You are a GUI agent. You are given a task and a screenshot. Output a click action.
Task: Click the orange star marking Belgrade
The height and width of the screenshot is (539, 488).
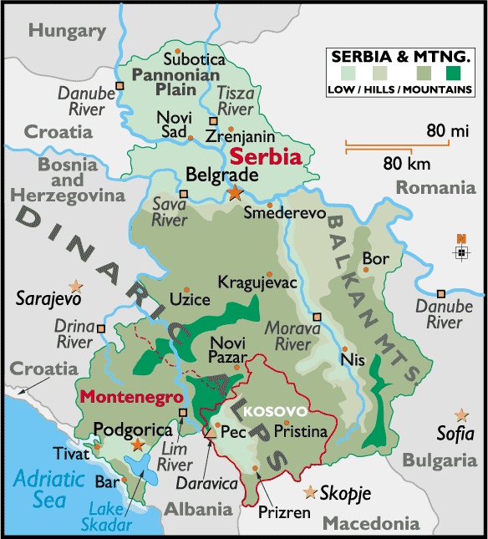click(235, 193)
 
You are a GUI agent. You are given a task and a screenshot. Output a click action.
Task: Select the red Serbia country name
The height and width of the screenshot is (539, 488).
click(266, 156)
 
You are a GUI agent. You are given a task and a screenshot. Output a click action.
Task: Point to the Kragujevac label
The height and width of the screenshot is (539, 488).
click(257, 282)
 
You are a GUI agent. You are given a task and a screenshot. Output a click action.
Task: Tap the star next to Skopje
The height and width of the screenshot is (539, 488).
click(312, 491)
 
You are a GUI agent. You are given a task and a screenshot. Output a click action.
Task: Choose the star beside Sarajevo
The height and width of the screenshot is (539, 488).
click(76, 286)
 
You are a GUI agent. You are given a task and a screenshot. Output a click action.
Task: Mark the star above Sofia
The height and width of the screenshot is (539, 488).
click(460, 414)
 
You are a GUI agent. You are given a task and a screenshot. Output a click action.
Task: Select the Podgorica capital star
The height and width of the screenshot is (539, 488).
click(138, 445)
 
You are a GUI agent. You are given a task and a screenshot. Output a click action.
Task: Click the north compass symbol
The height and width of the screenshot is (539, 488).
click(460, 252)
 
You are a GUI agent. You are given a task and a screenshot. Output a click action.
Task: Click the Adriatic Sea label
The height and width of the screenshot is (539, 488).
click(49, 489)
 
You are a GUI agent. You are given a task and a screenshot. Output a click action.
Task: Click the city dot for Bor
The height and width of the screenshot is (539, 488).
click(365, 269)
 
